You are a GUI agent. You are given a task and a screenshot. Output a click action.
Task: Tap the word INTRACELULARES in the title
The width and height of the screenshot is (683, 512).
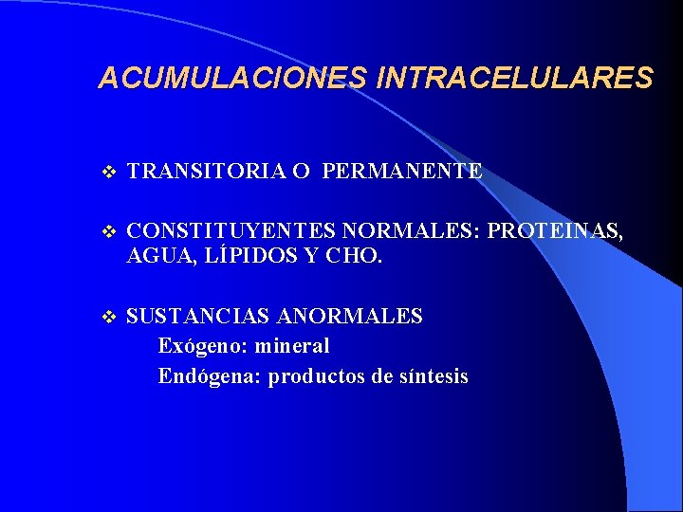(515, 78)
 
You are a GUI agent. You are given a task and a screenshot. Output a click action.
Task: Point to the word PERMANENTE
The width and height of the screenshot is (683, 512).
(402, 172)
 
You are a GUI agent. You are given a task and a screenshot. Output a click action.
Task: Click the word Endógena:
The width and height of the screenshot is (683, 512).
(210, 376)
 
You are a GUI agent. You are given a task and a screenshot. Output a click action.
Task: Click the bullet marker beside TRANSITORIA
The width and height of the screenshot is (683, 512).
(106, 173)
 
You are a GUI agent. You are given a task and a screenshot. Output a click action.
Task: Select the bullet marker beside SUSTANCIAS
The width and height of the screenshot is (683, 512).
(106, 317)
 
